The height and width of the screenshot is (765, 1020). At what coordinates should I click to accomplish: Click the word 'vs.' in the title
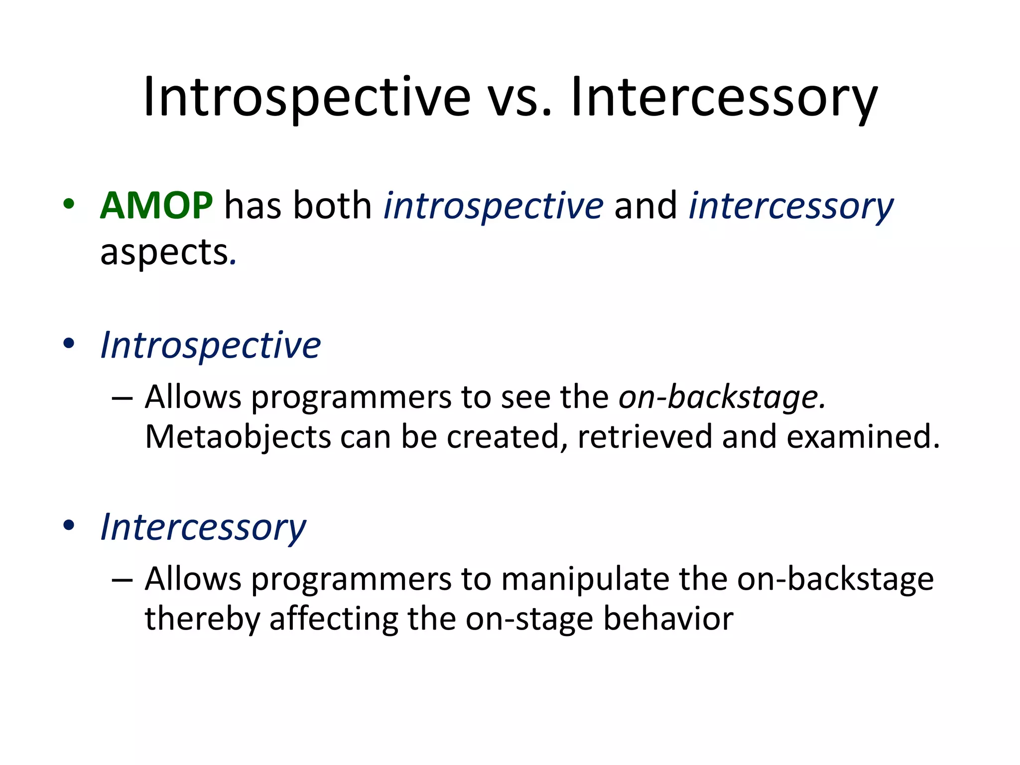519,98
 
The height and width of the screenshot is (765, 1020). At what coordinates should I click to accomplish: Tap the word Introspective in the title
307,98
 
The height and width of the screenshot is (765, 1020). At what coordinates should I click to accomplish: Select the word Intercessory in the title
724,98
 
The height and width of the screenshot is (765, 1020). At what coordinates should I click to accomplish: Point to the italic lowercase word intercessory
791,206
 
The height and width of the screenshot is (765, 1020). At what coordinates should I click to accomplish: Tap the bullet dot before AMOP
69,204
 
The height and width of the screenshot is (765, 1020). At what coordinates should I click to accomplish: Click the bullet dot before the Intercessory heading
69,525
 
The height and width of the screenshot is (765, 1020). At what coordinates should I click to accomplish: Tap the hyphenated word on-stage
529,619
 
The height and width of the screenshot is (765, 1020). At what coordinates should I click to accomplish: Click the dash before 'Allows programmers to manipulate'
123,580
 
